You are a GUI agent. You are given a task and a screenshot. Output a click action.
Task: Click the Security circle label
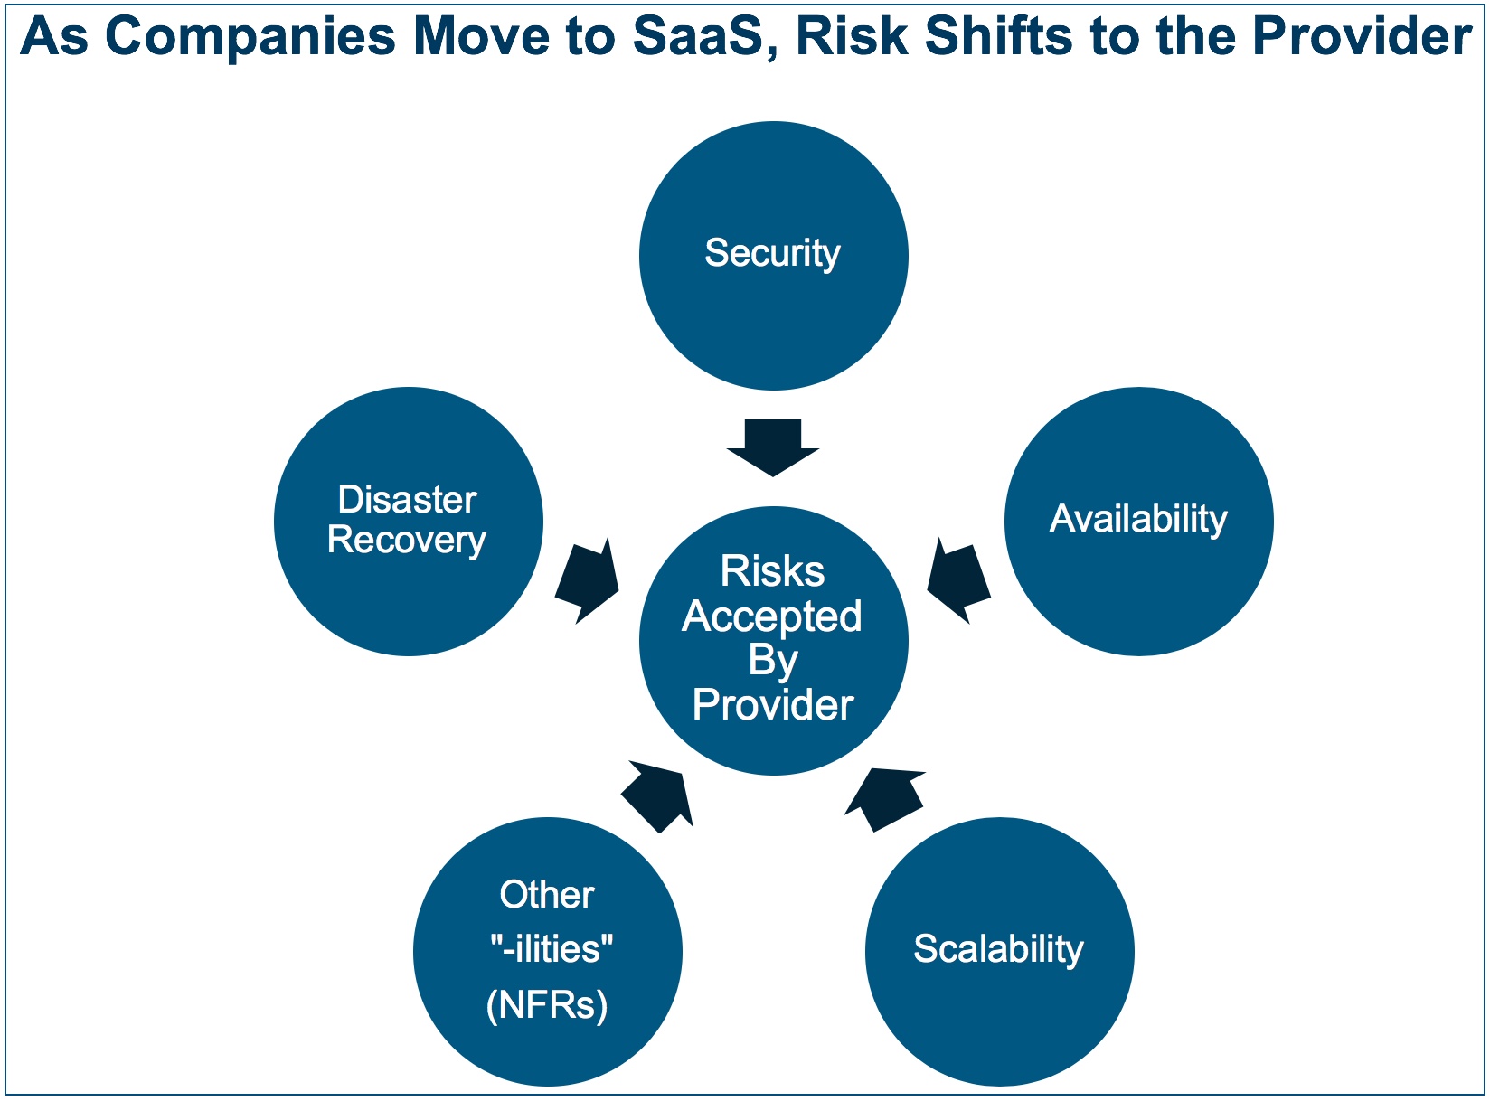pos(772,254)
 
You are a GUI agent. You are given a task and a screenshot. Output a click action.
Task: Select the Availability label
pos(1138,519)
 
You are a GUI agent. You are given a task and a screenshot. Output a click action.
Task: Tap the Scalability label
pos(999,949)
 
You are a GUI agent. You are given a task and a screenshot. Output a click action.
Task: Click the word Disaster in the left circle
pos(408,500)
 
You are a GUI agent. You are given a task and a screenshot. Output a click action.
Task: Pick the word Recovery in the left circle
pos(407,540)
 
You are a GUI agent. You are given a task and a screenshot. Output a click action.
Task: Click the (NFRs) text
pos(547,1005)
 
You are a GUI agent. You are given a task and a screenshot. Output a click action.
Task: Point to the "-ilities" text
pos(552,949)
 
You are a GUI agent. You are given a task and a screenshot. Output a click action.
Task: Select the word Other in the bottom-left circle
pos(547,895)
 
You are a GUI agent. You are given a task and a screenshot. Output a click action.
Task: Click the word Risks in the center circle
pos(772,571)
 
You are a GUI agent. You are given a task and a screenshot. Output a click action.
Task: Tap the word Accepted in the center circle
pos(772,616)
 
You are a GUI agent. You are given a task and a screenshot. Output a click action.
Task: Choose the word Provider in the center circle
pos(773,705)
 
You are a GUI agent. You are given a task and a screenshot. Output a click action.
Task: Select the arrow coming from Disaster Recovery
pos(587,581)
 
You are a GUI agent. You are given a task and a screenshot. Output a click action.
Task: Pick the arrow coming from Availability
pos(959,581)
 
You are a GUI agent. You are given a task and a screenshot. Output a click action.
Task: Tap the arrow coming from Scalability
pos(885,799)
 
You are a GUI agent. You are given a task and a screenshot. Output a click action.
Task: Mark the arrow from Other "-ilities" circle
pos(657,796)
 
